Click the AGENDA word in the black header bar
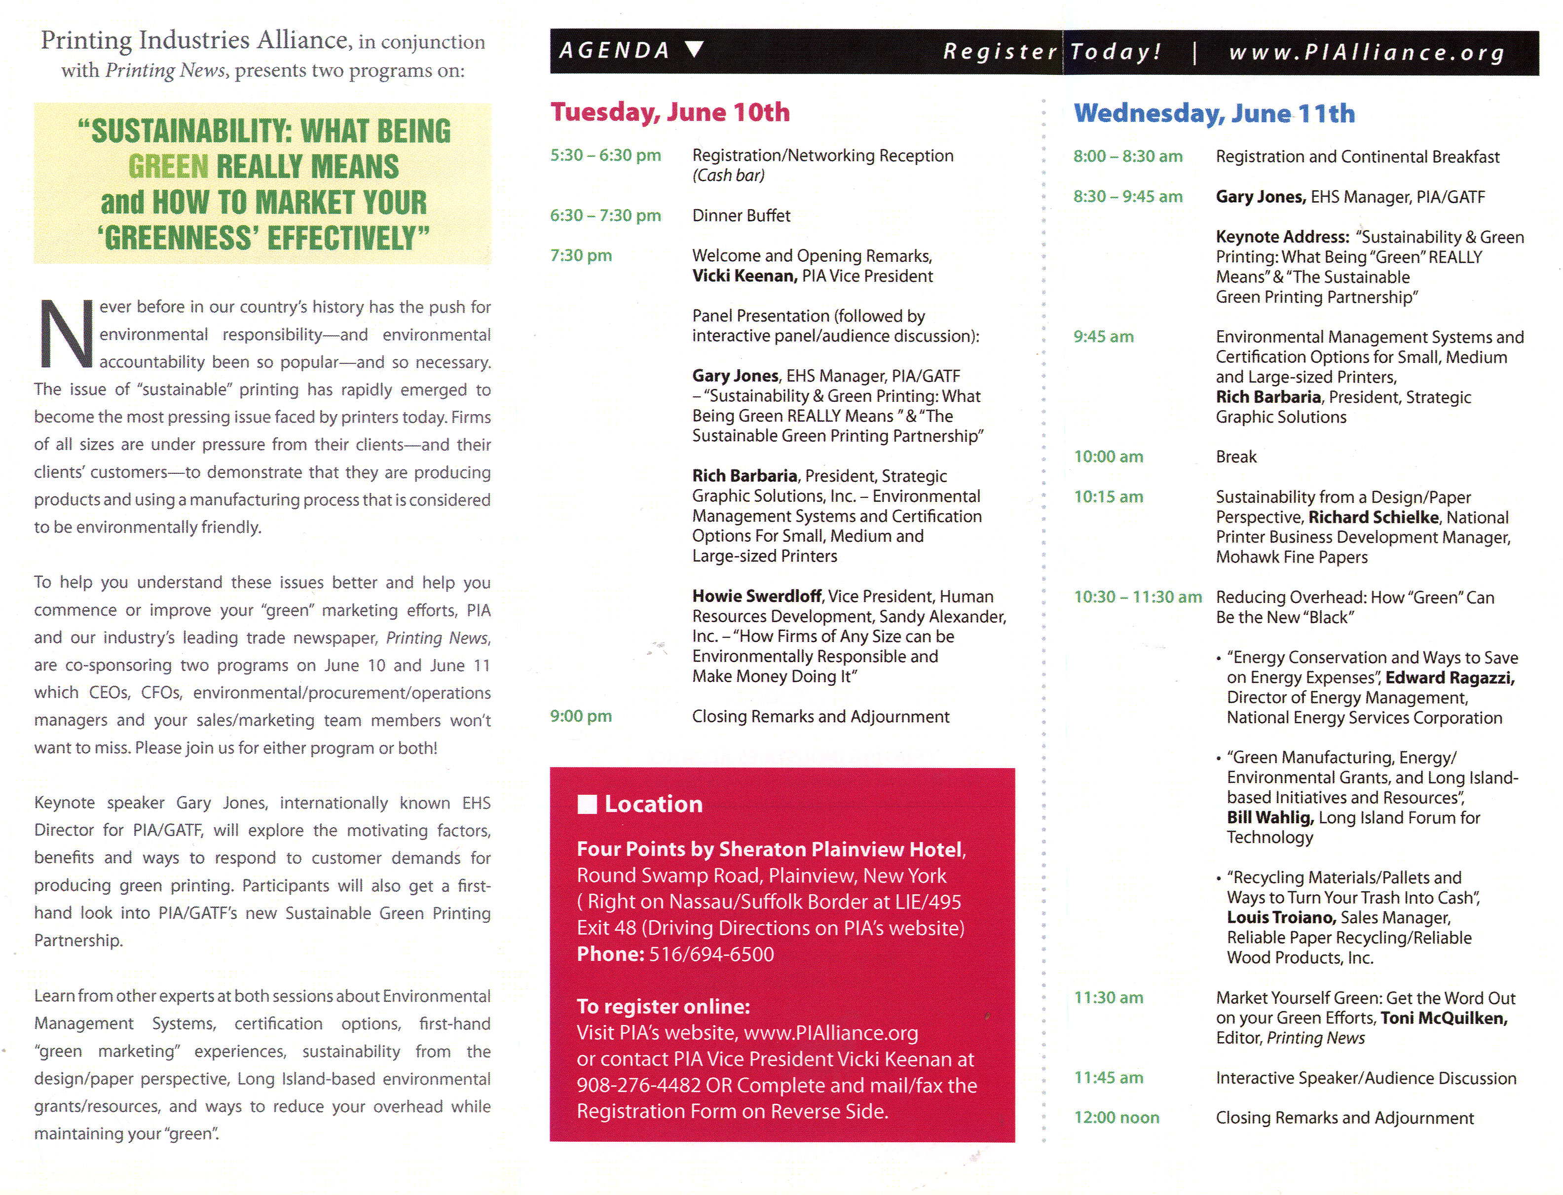tap(614, 50)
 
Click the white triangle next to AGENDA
tap(694, 49)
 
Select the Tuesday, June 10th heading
tap(670, 112)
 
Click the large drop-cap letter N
tap(66, 334)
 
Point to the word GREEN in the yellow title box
tap(168, 167)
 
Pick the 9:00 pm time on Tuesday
tap(581, 716)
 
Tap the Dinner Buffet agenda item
tap(741, 215)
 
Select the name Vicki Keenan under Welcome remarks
tap(744, 276)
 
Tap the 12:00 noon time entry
tap(1116, 1118)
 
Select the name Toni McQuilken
tap(1444, 1018)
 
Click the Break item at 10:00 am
tap(1235, 457)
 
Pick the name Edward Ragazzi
tap(1449, 678)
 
